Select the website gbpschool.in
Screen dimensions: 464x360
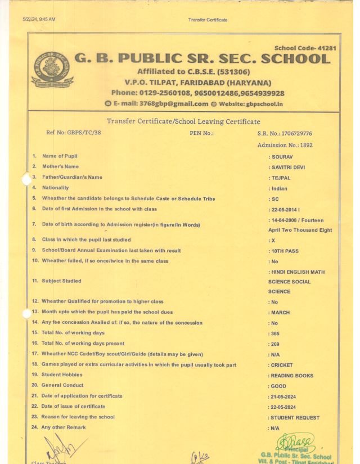pos(264,104)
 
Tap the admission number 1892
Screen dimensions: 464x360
pos(306,145)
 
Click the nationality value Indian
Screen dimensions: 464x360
pos(280,188)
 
